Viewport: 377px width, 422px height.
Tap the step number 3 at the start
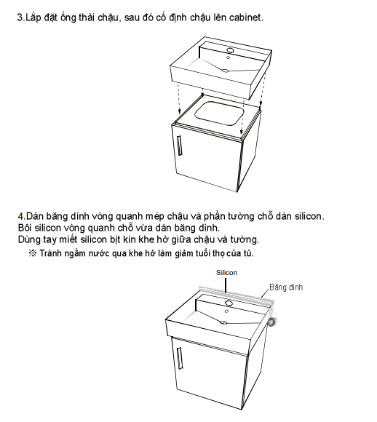click(x=20, y=17)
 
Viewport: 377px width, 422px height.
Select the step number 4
click(x=21, y=216)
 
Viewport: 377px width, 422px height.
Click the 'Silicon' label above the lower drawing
click(x=227, y=273)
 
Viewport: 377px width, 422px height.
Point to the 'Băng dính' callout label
click(x=286, y=287)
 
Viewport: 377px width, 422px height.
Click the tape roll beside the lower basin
click(x=271, y=322)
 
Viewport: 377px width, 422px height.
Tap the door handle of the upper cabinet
click(x=180, y=146)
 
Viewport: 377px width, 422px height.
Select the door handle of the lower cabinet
click(x=180, y=358)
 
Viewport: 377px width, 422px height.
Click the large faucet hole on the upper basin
click(x=230, y=49)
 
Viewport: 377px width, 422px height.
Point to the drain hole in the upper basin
click(x=225, y=71)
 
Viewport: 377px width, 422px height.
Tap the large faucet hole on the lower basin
click(x=229, y=303)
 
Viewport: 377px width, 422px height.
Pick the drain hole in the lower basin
click(x=223, y=322)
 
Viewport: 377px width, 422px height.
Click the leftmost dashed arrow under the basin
click(x=179, y=98)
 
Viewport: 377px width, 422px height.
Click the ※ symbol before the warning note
click(x=33, y=253)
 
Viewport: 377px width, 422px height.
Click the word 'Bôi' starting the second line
click(x=25, y=228)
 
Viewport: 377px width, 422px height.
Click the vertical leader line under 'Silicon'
click(x=226, y=284)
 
